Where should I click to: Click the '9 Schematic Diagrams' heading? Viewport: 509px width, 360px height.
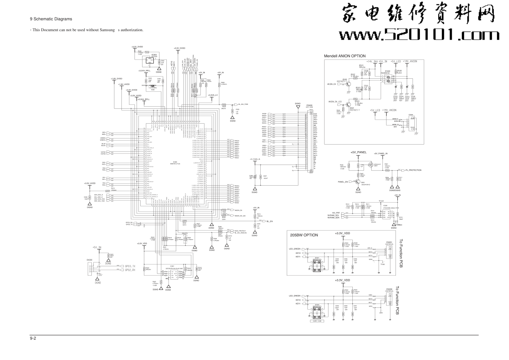[x=51, y=19]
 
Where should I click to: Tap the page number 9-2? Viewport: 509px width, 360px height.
[x=33, y=339]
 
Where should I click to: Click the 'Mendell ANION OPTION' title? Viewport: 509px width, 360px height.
[x=344, y=56]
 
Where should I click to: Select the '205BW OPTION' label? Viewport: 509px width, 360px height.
[x=304, y=235]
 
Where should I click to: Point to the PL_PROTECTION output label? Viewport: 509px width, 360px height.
[x=413, y=170]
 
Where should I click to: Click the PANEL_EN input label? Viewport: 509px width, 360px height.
[x=343, y=182]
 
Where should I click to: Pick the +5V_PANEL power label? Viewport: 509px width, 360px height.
[x=359, y=153]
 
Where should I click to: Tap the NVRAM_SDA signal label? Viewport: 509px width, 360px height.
[x=334, y=218]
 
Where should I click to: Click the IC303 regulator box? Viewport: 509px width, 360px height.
[x=154, y=59]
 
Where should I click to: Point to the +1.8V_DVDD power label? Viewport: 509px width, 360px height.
[x=116, y=78]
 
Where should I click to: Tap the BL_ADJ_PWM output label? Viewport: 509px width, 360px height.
[x=243, y=104]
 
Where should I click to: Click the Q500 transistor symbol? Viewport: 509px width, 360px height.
[x=348, y=84]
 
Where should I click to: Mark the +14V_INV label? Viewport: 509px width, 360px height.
[x=372, y=62]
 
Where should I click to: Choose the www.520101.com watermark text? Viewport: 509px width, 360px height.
[x=419, y=35]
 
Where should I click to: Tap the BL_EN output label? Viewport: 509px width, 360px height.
[x=269, y=221]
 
